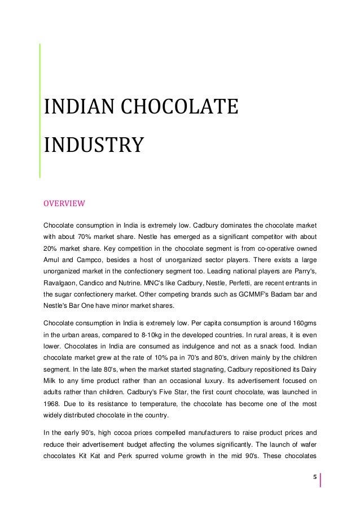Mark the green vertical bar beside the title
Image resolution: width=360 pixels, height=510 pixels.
39,110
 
